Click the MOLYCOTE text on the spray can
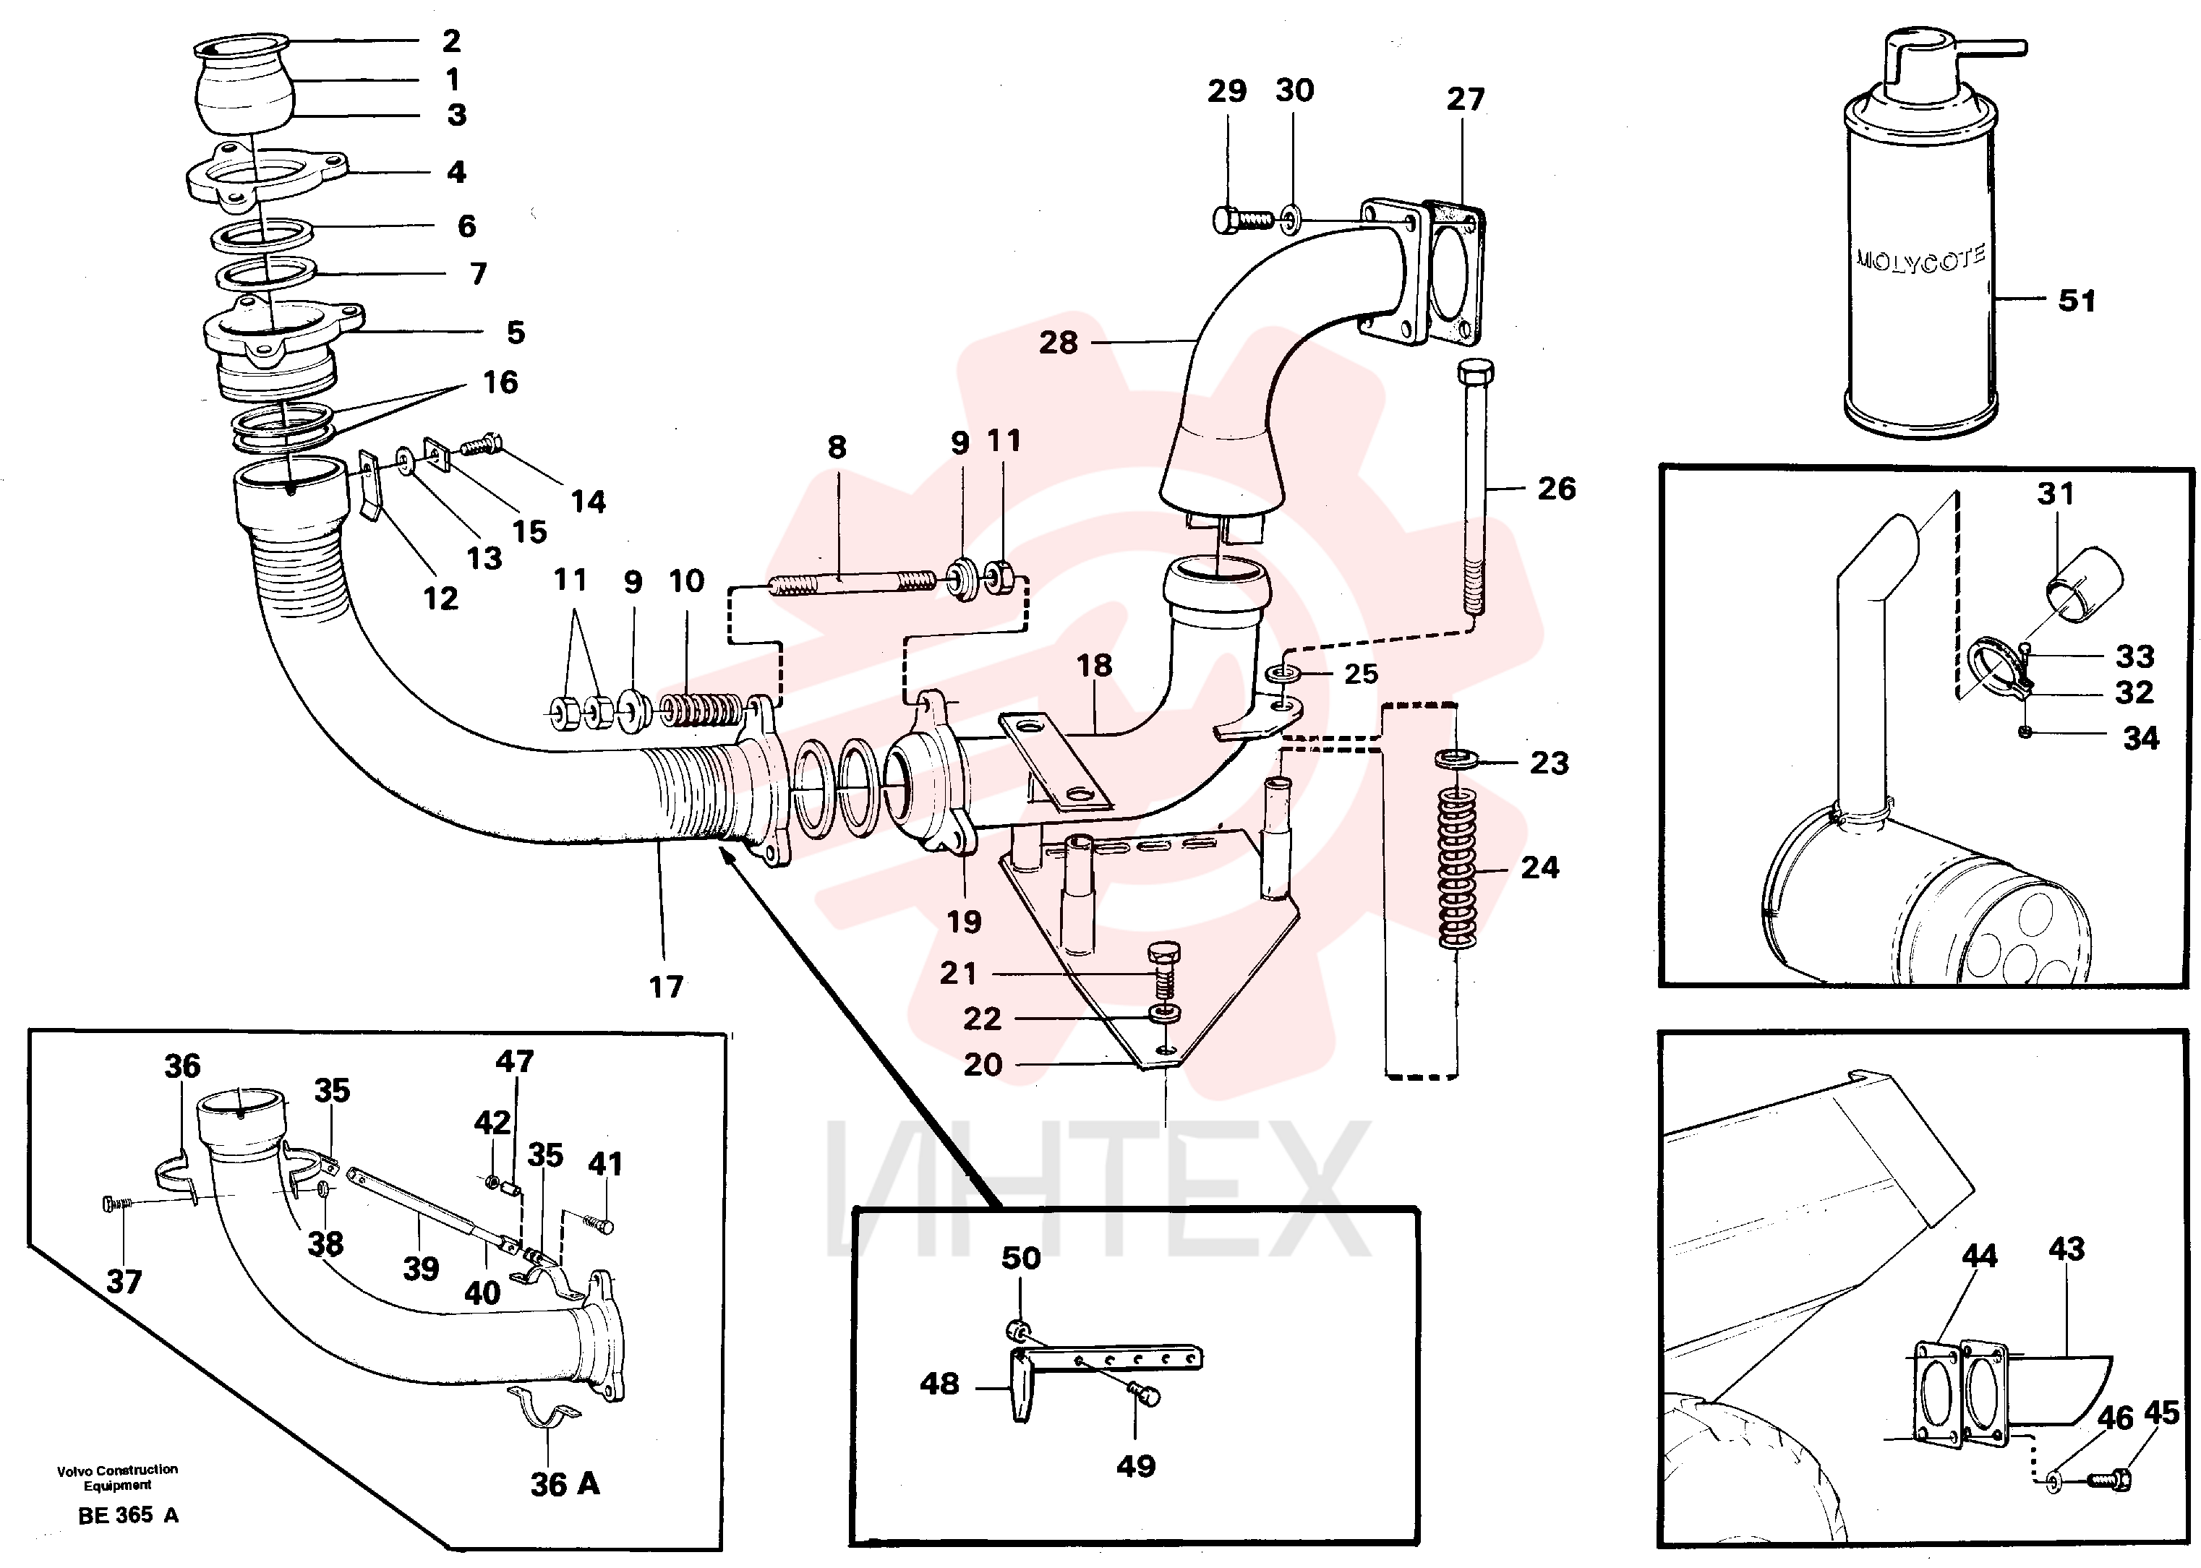coord(1920,260)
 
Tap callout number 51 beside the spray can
coord(2077,300)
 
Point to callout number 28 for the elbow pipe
coord(1058,343)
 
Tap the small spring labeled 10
coord(703,711)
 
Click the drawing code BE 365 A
coord(129,1515)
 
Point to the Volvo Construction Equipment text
coord(118,1477)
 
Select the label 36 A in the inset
coord(565,1484)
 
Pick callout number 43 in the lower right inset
coord(2067,1248)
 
